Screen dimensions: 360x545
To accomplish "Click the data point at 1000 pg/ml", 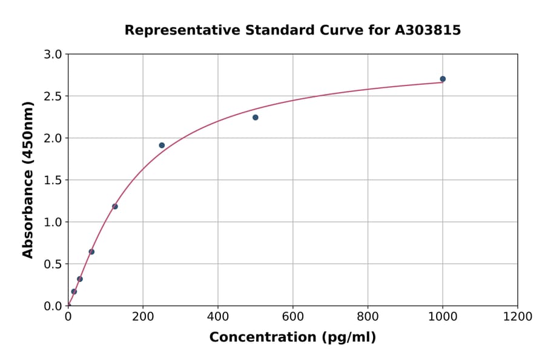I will click(443, 79).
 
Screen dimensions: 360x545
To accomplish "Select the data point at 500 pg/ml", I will click(256, 118).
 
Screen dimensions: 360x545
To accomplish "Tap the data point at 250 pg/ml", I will click(162, 145).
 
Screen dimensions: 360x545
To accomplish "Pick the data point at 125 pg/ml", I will click(115, 207).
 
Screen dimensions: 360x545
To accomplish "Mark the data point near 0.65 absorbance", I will click(91, 252).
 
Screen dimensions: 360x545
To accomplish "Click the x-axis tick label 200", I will click(143, 317).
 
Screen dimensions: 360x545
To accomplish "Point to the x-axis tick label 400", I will click(218, 317).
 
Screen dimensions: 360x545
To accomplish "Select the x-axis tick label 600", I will click(292, 317).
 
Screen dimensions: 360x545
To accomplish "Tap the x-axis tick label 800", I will click(368, 317).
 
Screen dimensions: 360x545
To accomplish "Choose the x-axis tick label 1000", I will click(443, 317).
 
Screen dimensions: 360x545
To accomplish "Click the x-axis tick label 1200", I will click(518, 317).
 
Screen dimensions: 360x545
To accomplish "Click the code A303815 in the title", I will click(428, 30).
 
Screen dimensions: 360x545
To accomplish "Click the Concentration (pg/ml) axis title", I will click(292, 338).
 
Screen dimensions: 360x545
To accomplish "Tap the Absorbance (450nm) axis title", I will click(28, 179).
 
